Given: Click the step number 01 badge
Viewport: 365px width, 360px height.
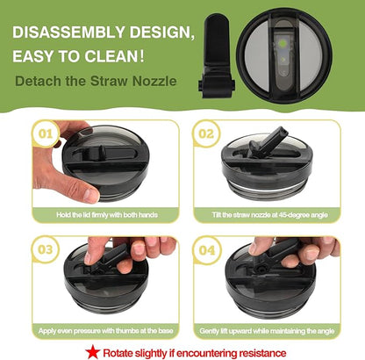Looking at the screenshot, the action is (46, 133).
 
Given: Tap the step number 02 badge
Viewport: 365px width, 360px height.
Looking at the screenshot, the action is (206, 133).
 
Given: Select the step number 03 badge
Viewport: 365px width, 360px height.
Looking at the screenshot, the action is (46, 249).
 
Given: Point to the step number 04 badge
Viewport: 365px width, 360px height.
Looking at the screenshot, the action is (207, 250).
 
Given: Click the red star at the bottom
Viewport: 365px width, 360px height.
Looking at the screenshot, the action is (93, 351).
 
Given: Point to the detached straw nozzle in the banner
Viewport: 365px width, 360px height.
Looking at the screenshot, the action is (217, 56).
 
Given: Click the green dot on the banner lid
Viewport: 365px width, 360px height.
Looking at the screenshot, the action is (283, 45).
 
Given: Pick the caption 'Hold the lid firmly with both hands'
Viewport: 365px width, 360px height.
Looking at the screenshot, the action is (107, 215).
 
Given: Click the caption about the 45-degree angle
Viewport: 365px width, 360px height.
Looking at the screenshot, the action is (269, 215).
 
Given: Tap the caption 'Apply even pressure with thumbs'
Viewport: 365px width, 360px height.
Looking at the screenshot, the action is (105, 331).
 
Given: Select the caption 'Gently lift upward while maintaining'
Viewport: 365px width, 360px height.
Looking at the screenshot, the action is (267, 331).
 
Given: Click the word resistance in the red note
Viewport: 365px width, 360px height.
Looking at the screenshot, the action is (262, 353).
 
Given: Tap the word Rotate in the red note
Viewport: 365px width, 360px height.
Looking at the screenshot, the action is (117, 353).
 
